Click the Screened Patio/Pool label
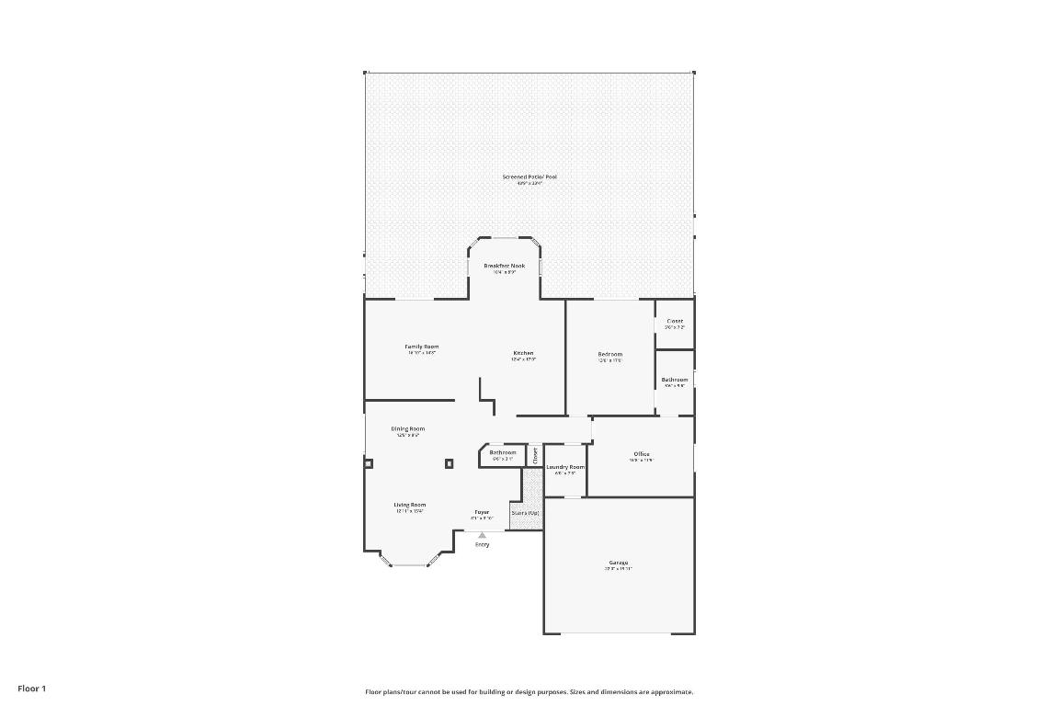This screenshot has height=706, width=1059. (x=529, y=176)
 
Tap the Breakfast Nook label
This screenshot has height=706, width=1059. (x=504, y=266)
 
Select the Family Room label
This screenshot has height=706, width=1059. (x=422, y=347)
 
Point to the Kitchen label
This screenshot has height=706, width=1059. (x=523, y=353)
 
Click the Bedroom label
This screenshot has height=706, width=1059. (x=610, y=354)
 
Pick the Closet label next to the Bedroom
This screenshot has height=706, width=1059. (x=675, y=321)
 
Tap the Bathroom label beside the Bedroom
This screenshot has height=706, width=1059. (x=674, y=380)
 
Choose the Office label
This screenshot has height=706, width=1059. (x=642, y=454)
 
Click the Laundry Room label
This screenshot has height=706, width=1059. (x=565, y=467)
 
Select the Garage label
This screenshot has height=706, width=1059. (x=618, y=563)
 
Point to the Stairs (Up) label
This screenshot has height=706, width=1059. (x=525, y=513)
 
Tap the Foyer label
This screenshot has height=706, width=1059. (x=482, y=512)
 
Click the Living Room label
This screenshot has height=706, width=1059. (x=410, y=505)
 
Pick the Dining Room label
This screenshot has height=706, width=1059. (x=408, y=428)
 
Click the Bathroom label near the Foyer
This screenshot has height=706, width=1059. (x=502, y=452)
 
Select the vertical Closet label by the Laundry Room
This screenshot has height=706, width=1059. (x=535, y=454)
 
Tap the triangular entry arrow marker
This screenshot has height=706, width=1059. (x=482, y=535)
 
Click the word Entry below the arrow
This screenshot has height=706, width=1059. (x=482, y=544)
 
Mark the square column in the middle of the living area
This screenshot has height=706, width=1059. (x=450, y=464)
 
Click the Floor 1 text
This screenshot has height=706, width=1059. (x=31, y=689)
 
